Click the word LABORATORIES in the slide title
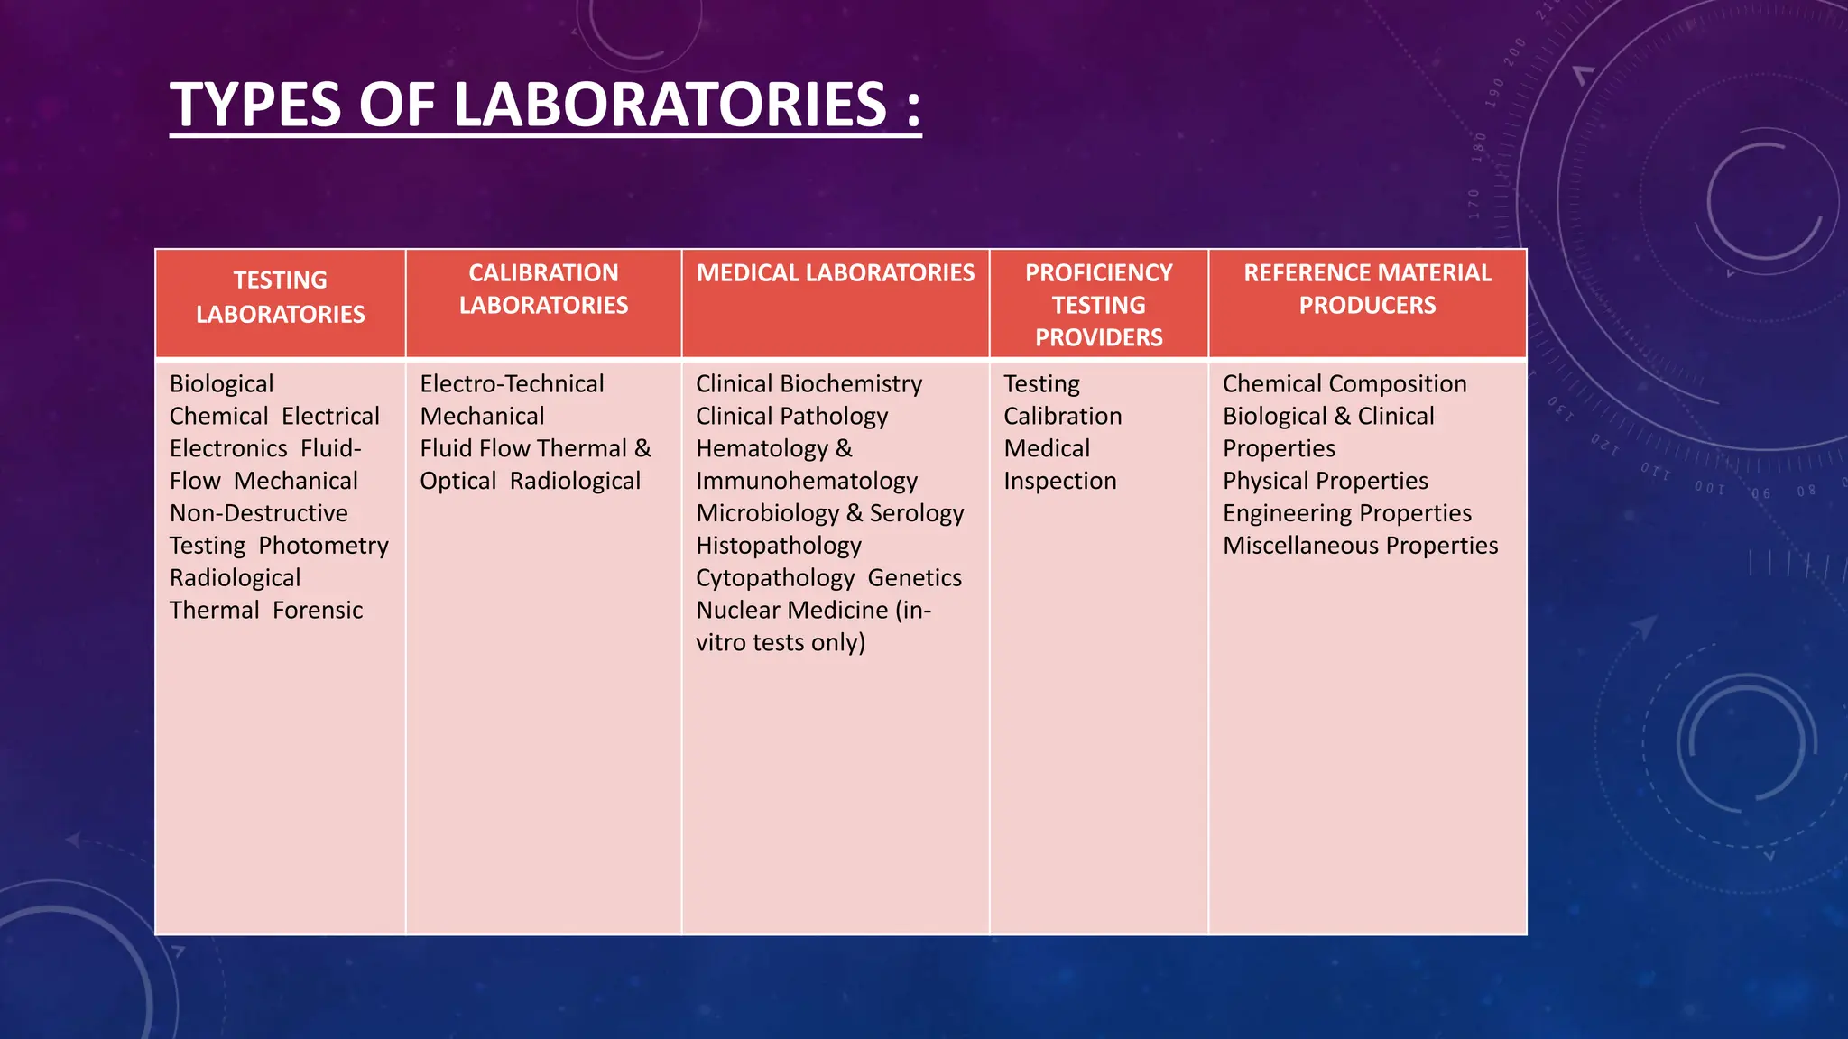[x=670, y=106]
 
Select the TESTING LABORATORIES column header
[x=280, y=298]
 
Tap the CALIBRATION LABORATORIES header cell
[x=543, y=290]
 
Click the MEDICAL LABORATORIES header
[x=835, y=273]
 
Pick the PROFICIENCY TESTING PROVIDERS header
[x=1098, y=305]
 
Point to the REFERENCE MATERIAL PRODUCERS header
[x=1367, y=290]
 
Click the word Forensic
[x=317, y=611]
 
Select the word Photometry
[x=323, y=546]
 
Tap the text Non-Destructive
[x=258, y=513]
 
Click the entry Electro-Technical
[x=512, y=384]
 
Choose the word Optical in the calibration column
[x=457, y=481]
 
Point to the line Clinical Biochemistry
[x=808, y=384]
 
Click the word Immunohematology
[x=807, y=481]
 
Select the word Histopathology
[x=778, y=546]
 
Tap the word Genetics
[x=914, y=578]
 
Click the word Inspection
[x=1059, y=481]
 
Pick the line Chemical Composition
[x=1344, y=384]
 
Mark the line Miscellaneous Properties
[x=1360, y=546]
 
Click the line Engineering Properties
[x=1346, y=513]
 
